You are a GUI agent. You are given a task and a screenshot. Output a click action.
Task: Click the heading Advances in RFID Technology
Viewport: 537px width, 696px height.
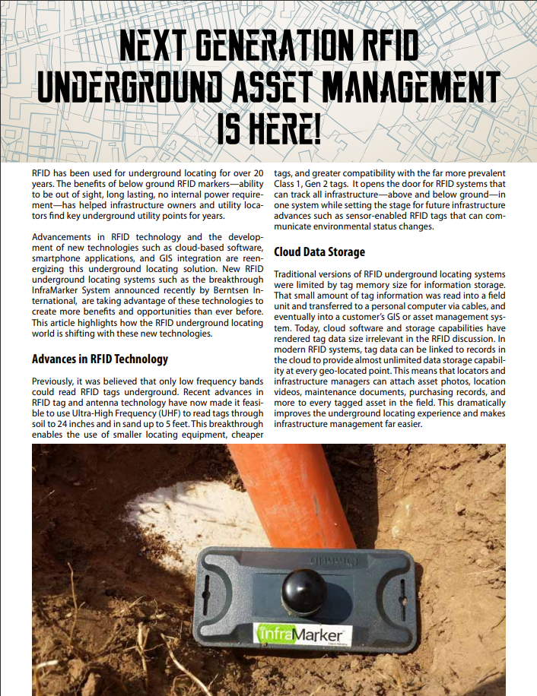[x=100, y=359]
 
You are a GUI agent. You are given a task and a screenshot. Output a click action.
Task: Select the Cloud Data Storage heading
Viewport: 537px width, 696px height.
[x=319, y=252]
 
